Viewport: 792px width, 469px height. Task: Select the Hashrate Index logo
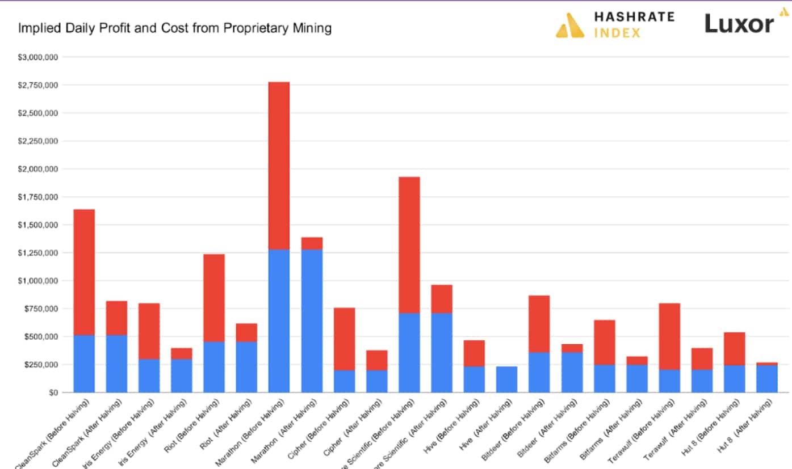pos(615,24)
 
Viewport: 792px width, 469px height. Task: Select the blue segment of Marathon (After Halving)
pos(312,320)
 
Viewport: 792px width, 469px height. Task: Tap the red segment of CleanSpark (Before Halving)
pos(84,272)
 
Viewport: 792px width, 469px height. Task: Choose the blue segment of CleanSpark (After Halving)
pos(116,364)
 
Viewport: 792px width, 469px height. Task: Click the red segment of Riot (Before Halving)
pos(214,298)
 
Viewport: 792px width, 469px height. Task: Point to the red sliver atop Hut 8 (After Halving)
pos(766,364)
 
